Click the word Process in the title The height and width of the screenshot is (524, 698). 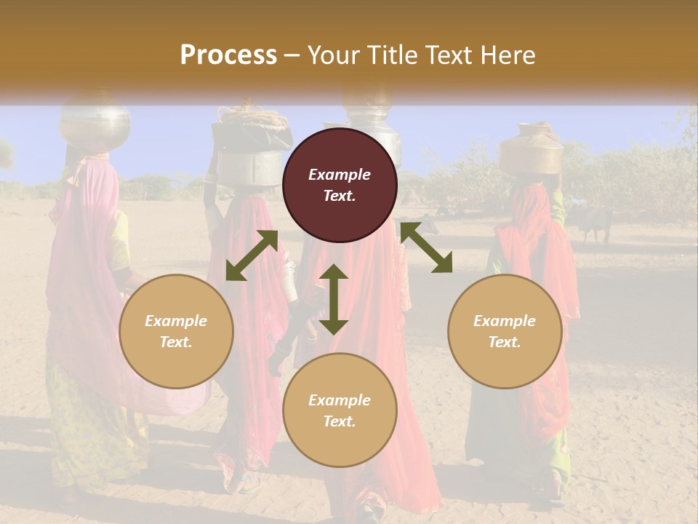coord(228,55)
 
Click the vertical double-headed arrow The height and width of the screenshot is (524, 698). coord(334,299)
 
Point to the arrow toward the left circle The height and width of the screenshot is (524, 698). coord(252,255)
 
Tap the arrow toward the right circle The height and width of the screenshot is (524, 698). coord(426,247)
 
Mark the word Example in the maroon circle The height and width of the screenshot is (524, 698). coord(340,175)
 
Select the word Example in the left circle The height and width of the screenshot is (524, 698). coord(176,321)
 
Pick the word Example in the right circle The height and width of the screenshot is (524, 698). coord(505,321)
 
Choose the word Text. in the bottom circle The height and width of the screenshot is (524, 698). coord(340,421)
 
